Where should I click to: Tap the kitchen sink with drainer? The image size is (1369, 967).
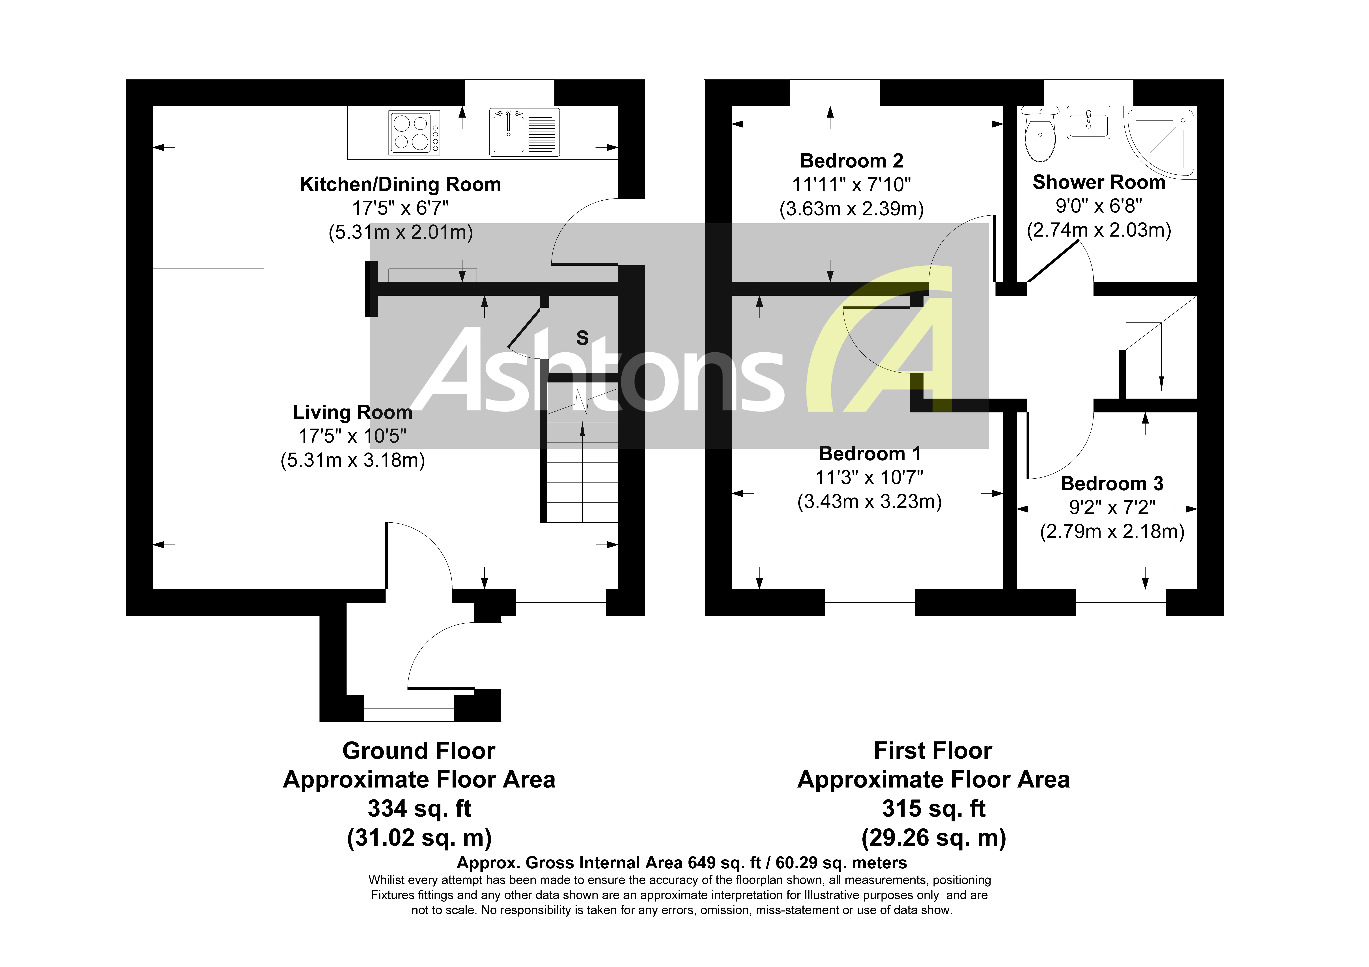pyautogui.click(x=524, y=132)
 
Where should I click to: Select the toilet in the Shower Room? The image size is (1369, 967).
pyautogui.click(x=1040, y=135)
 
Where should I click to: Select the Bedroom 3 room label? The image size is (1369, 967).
pyautogui.click(x=1112, y=484)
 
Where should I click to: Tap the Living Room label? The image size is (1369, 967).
pyautogui.click(x=352, y=413)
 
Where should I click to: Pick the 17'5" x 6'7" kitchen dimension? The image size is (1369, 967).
pyautogui.click(x=400, y=208)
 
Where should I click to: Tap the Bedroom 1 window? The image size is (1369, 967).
pyautogui.click(x=870, y=602)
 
